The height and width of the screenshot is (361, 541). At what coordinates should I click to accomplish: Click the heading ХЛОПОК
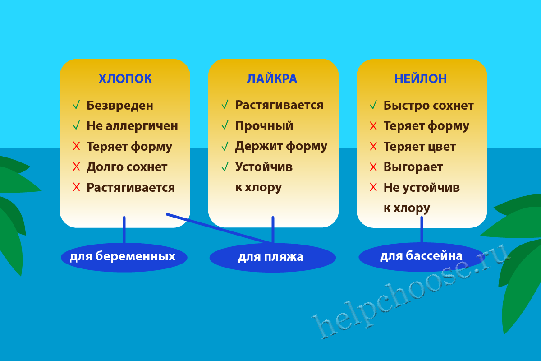[125, 79]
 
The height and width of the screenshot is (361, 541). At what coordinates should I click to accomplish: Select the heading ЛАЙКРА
[272, 79]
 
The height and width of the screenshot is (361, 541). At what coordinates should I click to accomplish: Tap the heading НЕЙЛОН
[421, 79]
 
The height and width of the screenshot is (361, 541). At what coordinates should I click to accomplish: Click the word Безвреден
[120, 106]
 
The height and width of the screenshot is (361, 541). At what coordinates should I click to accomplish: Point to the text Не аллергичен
[133, 126]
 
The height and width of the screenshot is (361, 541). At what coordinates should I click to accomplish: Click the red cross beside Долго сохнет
[76, 167]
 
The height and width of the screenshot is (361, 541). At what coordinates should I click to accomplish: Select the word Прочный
[264, 126]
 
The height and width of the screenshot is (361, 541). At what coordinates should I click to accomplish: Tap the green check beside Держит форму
[225, 147]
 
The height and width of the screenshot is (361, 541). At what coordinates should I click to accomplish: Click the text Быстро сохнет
[428, 106]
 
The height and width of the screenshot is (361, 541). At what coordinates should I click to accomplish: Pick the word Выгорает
[413, 167]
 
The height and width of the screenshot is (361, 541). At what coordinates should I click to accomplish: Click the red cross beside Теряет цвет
[373, 146]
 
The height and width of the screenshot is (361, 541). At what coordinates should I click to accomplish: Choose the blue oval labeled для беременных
[124, 257]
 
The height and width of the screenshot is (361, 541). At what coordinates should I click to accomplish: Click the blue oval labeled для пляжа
[273, 258]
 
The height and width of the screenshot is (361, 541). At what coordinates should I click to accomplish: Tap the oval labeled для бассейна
[422, 257]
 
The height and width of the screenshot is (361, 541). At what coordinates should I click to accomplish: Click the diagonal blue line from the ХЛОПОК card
[219, 228]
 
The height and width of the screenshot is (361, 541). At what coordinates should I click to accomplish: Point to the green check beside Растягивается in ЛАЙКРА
[225, 105]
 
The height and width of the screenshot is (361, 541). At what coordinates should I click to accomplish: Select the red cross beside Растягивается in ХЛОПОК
[76, 187]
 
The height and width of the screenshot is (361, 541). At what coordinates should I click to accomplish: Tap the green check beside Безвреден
[76, 105]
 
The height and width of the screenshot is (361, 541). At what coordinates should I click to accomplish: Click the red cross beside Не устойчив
[373, 187]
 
